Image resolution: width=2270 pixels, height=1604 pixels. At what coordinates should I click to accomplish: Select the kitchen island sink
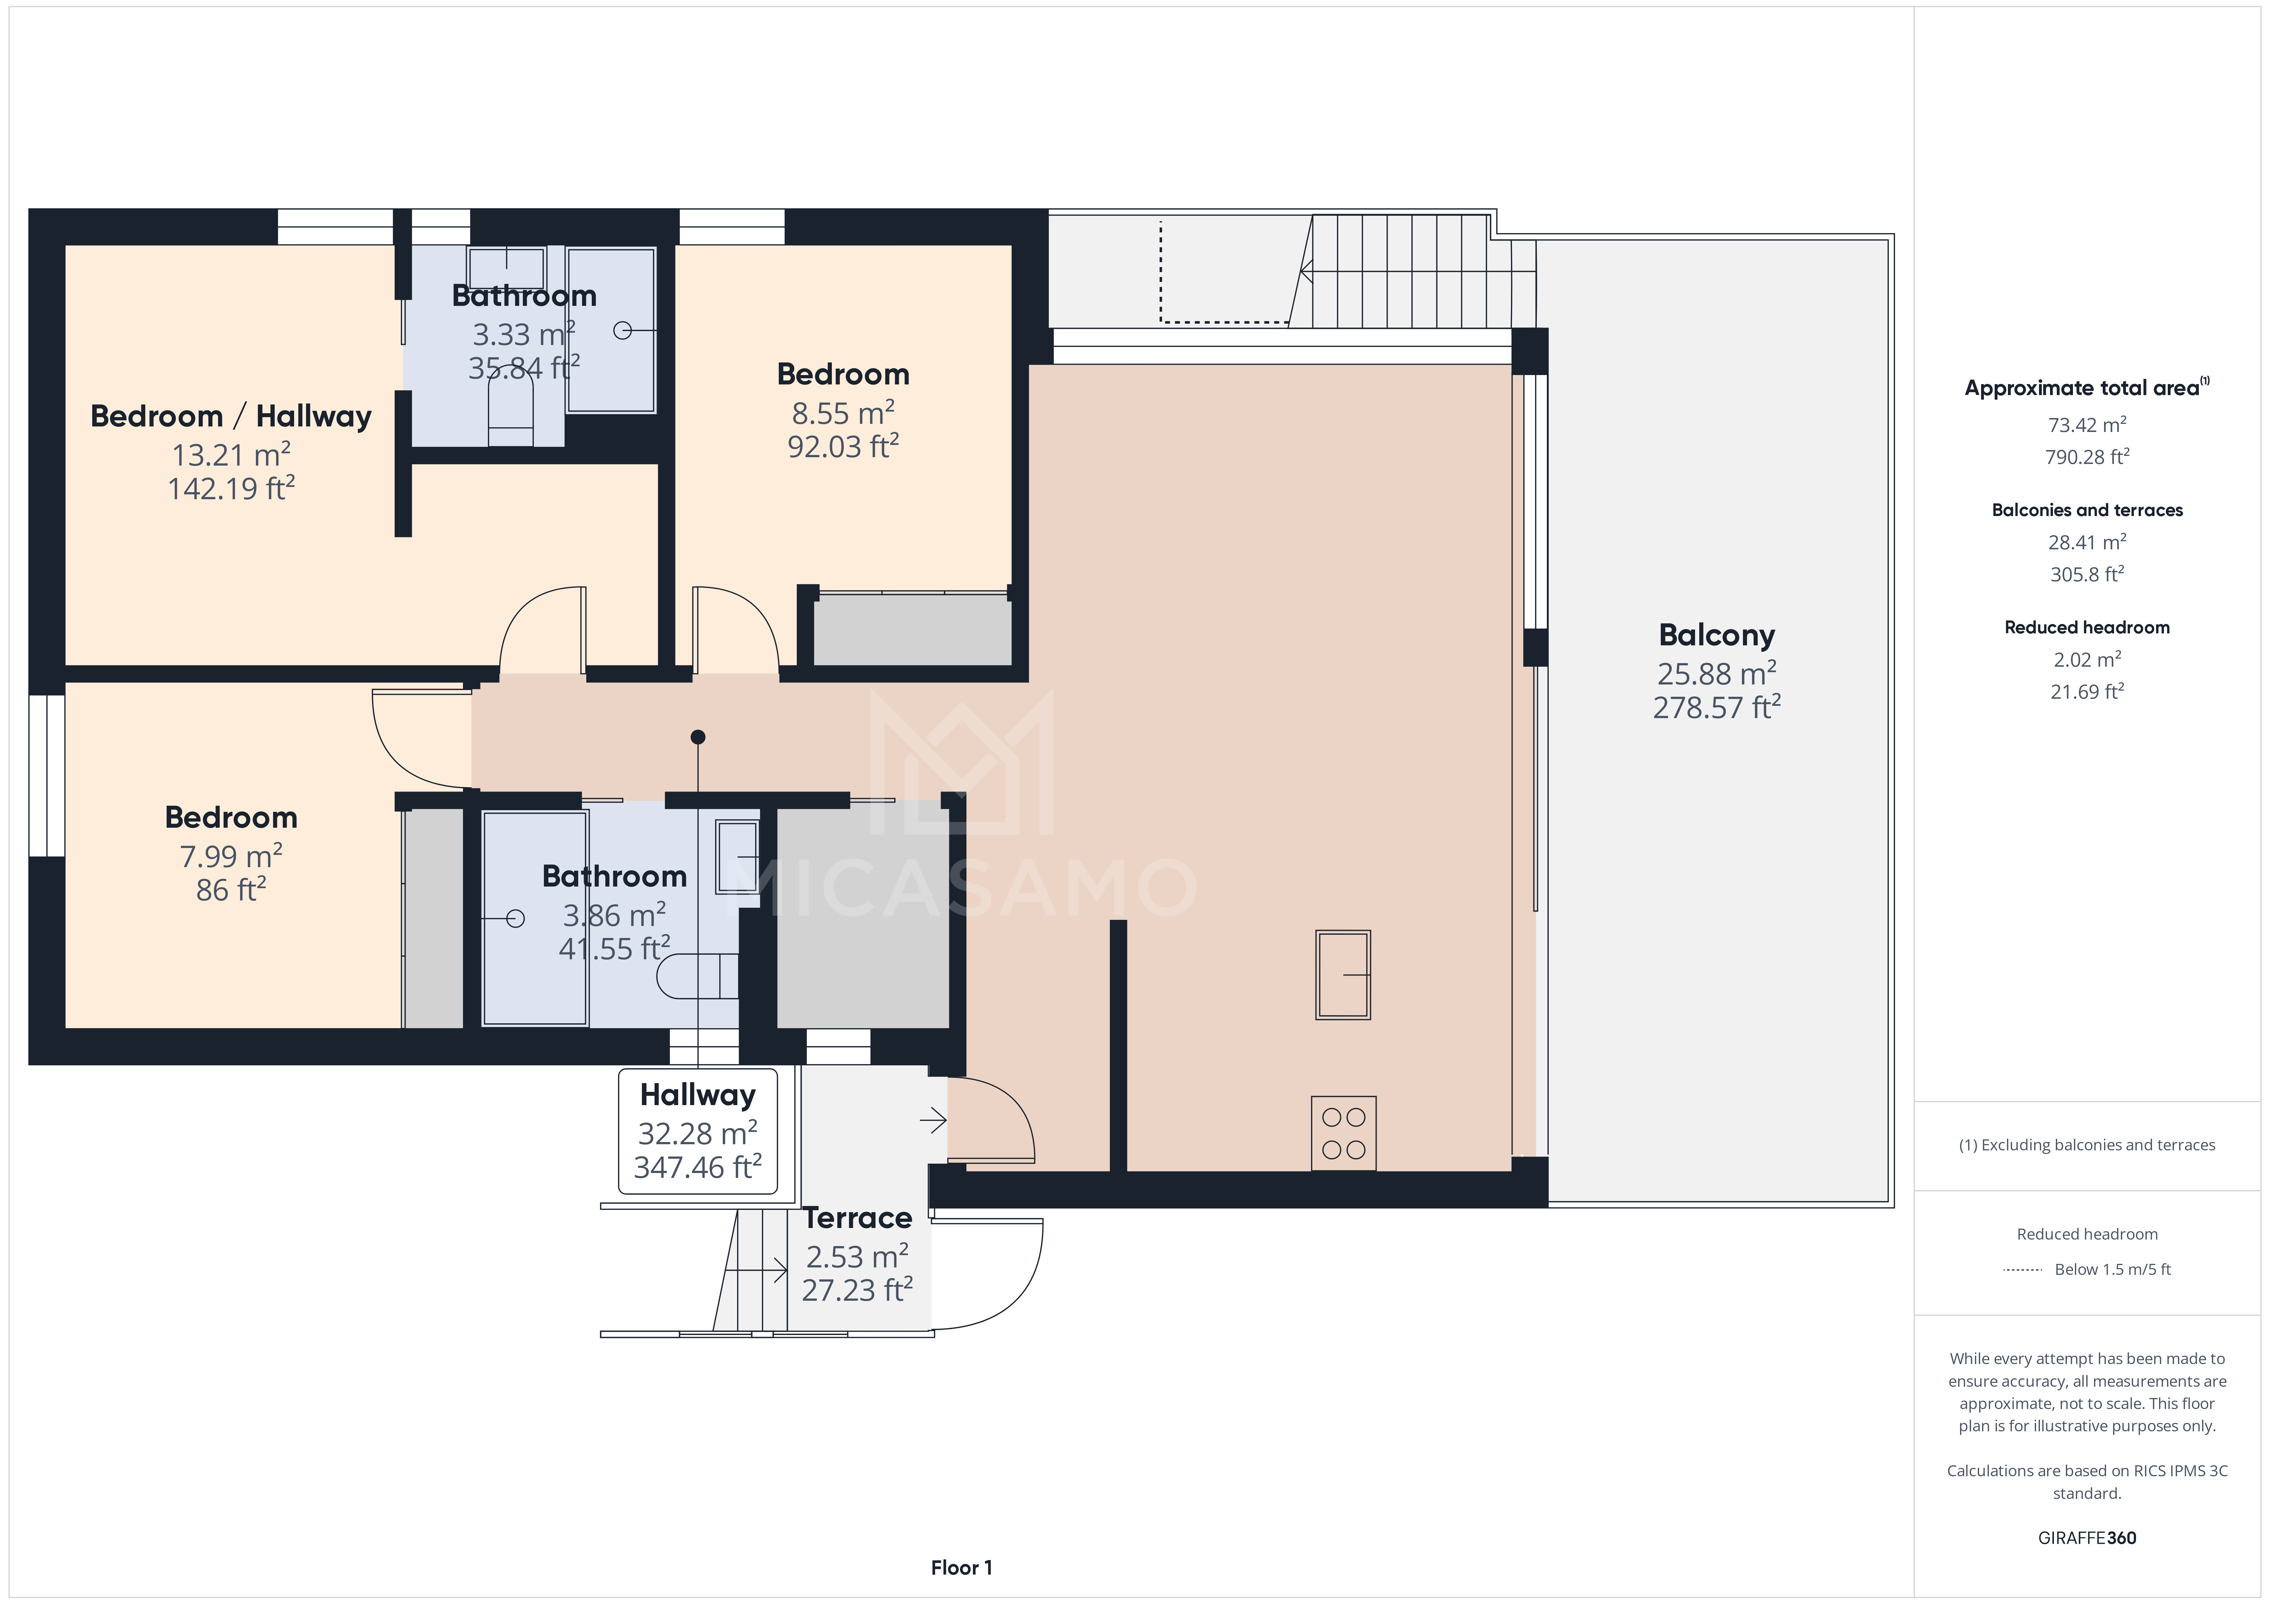[x=1343, y=974]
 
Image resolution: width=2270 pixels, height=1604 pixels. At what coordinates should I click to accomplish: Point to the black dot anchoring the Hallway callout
[x=698, y=736]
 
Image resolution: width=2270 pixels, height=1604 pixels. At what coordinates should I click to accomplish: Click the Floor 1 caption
[x=961, y=1567]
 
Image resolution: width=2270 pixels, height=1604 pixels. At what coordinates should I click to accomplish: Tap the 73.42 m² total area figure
[x=2086, y=425]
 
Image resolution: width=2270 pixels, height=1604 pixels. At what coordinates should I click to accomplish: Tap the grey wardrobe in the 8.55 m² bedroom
[x=911, y=630]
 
